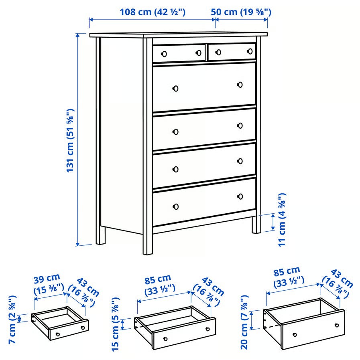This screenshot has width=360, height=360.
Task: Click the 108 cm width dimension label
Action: pos(153,12)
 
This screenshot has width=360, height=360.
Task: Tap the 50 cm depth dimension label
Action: pos(241,12)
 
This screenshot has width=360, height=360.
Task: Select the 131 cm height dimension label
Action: pos(70,140)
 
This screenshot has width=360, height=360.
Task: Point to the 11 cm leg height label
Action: pos(282,220)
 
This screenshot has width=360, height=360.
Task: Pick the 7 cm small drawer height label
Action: pos(12,320)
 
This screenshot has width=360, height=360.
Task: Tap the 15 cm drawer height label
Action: pos(116,324)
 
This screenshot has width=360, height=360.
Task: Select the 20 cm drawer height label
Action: pos(244,322)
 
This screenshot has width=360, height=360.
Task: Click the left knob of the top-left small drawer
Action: pos(164,54)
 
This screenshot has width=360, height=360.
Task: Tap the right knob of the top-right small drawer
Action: pos(250,51)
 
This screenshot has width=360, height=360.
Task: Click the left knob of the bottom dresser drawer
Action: pos(176,206)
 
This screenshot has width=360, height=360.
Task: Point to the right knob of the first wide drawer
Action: pos(240,85)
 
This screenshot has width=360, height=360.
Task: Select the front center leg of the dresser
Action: pos(148,243)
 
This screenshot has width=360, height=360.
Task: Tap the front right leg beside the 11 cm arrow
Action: pos(256,224)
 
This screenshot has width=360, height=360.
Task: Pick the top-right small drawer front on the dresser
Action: pos(232,52)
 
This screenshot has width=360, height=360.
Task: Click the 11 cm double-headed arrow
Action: pos(273,222)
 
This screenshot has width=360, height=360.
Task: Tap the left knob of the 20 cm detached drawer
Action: pos(295,335)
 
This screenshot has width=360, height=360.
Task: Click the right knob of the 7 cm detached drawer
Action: pos(83,328)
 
